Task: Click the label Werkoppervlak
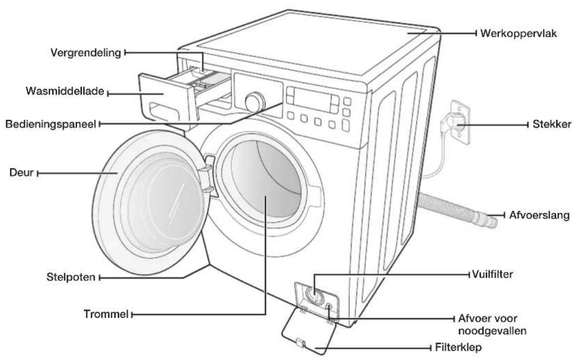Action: click(x=518, y=33)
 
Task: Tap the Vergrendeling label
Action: click(x=86, y=53)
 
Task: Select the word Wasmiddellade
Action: click(x=65, y=91)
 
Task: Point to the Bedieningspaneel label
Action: click(x=51, y=124)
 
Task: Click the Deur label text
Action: click(x=22, y=172)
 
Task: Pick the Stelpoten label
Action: click(x=71, y=277)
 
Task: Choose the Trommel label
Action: click(x=106, y=314)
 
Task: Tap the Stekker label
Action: click(x=551, y=124)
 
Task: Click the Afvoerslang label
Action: click(x=539, y=215)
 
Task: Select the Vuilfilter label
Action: click(x=492, y=274)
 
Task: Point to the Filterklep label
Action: click(x=458, y=347)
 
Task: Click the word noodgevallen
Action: click(x=492, y=331)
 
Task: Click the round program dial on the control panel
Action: click(x=255, y=102)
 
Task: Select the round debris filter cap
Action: click(x=314, y=295)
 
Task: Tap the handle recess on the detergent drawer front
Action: click(x=164, y=111)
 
